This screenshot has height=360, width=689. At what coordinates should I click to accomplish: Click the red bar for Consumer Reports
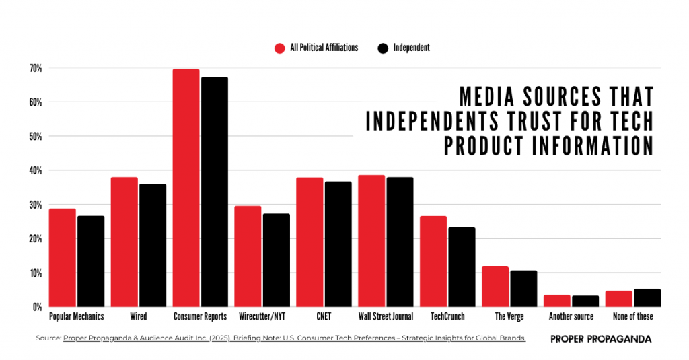coord(186,188)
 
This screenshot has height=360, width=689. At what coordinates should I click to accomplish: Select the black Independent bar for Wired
coord(152,245)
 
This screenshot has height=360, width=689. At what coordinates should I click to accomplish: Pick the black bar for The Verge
coord(523,289)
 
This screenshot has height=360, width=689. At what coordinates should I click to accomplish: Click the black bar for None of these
coord(647,297)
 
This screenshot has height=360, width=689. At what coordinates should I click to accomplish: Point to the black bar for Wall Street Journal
coord(400,242)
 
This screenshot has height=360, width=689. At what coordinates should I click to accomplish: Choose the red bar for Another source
coord(557,301)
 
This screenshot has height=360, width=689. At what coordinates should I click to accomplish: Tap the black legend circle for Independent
coord(383,48)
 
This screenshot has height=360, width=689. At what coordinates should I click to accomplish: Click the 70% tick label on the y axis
coord(36,69)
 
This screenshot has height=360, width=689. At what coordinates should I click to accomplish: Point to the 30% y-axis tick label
coord(36,205)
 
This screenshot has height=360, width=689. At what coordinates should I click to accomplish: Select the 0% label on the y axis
coord(38,308)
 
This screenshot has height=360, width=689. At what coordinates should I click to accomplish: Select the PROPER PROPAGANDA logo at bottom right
coord(601,339)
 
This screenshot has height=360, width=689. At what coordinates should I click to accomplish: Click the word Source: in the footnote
coord(48,338)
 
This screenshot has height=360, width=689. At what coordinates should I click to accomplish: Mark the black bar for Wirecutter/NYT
coord(276,260)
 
